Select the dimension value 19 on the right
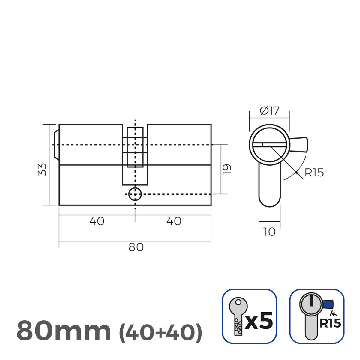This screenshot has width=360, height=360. (x=228, y=169)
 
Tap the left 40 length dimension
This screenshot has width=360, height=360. (x=97, y=221)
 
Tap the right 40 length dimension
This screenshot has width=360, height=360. (x=174, y=221)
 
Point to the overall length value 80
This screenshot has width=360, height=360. (x=136, y=247)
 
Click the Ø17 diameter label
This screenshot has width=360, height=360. (x=269, y=111)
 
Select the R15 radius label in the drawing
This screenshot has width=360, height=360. (x=314, y=173)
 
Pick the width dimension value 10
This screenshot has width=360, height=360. (x=269, y=232)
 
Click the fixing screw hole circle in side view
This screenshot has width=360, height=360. (x=135, y=194)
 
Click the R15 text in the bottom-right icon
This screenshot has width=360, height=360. (x=330, y=323)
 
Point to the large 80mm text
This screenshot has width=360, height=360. (x=64, y=331)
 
